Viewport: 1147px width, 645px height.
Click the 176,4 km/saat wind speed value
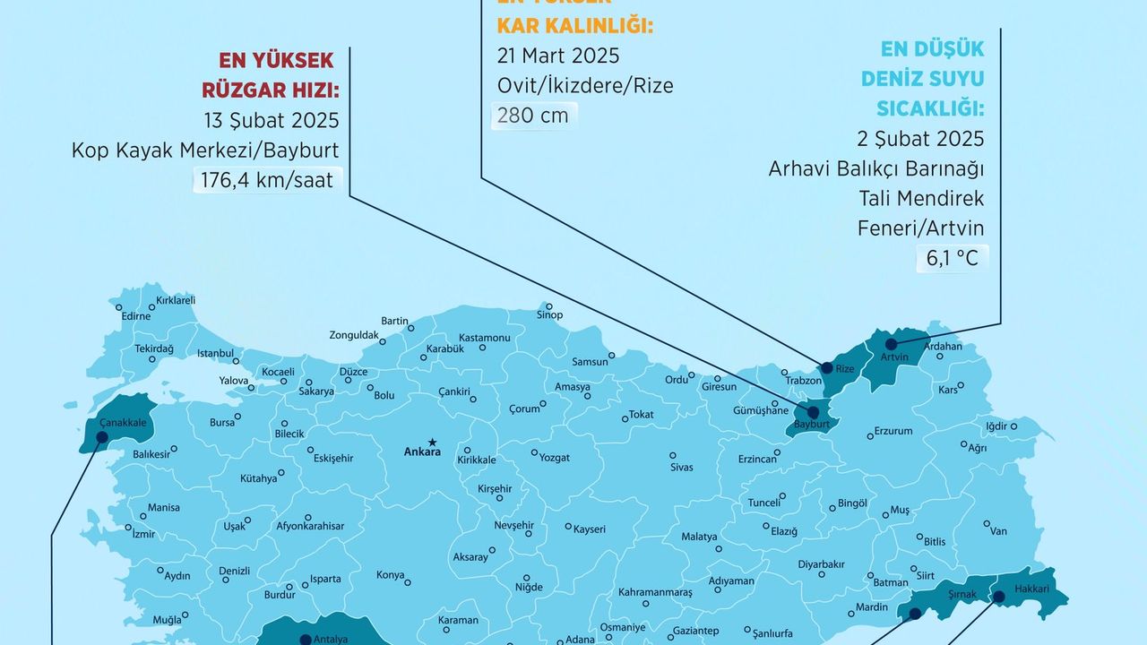coord(266,180)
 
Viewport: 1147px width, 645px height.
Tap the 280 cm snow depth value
coord(534,115)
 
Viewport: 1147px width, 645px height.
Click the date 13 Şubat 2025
coord(272,120)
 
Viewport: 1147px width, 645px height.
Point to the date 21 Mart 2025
coord(558,56)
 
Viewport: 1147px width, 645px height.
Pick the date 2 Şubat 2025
coord(920,139)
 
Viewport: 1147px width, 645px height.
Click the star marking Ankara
coord(432,442)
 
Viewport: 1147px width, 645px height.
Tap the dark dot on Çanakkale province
coord(101,438)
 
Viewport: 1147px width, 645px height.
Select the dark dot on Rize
coord(827,367)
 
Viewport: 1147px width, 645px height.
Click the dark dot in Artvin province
coord(891,343)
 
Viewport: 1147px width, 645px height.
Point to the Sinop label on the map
coord(549,315)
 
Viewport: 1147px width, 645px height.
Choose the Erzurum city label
coord(893,431)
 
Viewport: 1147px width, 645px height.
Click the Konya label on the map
coord(390,575)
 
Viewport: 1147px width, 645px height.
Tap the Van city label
coord(998,531)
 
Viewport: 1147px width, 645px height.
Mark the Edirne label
coord(136,316)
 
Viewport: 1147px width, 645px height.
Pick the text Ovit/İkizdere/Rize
coord(585,85)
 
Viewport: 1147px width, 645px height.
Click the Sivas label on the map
coord(681,468)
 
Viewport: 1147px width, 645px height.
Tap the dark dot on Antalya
coord(306,639)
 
